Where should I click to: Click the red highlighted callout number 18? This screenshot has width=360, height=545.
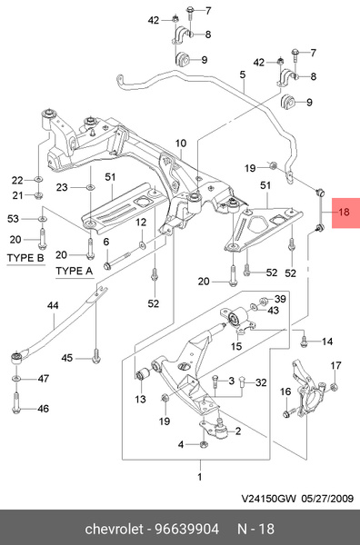tap(344, 212)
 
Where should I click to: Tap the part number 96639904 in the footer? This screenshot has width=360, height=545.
tap(186, 529)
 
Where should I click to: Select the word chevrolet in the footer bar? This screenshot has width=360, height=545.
tap(114, 529)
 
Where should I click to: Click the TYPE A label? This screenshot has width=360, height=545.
tap(75, 271)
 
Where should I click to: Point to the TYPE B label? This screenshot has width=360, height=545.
tap(25, 258)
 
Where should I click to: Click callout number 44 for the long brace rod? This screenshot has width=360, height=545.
tap(53, 306)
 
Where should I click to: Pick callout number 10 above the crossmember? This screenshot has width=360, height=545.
tap(181, 143)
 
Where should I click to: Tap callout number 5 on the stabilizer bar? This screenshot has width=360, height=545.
tap(243, 74)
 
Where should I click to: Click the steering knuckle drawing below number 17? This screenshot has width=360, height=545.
tap(308, 386)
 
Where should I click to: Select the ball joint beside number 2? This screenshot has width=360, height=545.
tap(222, 431)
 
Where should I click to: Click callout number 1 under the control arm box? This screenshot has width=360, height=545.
tap(200, 477)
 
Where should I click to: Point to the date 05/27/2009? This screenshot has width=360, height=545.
tap(327, 499)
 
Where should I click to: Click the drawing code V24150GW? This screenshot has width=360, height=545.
tap(269, 499)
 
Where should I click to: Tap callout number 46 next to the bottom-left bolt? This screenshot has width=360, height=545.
tap(43, 409)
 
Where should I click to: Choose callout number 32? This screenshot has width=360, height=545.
tap(261, 382)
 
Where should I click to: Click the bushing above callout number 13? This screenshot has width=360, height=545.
tap(143, 374)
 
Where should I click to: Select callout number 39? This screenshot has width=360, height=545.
tap(280, 299)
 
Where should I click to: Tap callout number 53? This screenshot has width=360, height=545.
tap(13, 219)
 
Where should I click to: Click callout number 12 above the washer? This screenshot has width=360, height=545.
tap(141, 223)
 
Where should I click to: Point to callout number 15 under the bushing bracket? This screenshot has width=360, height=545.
tap(236, 346)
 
